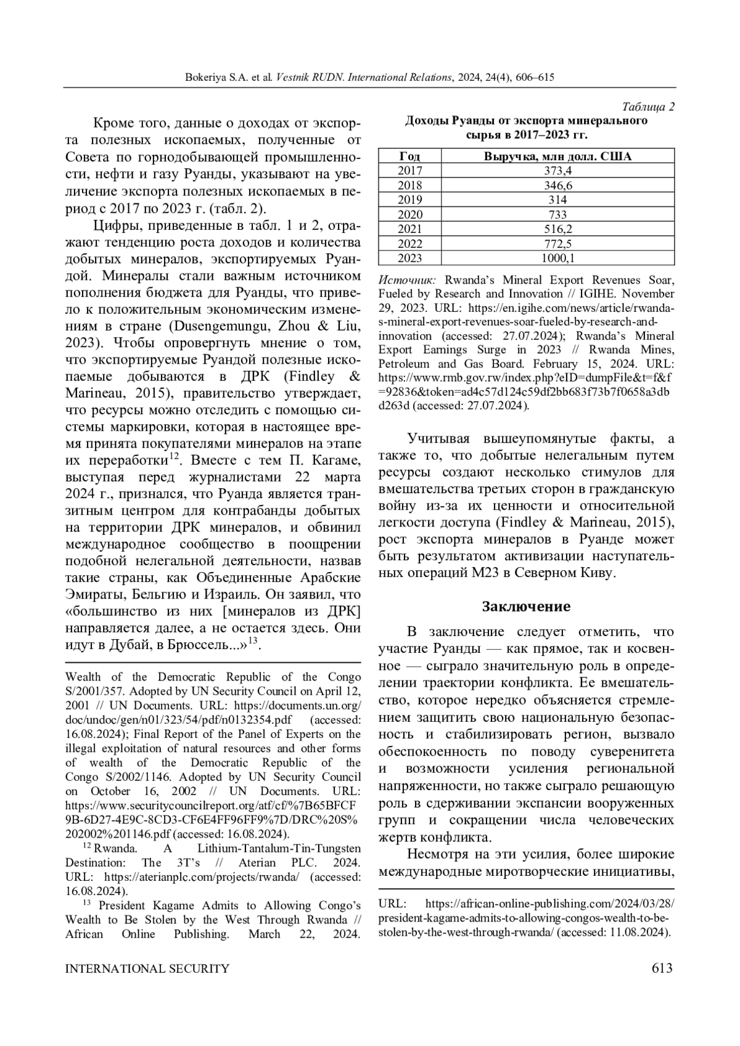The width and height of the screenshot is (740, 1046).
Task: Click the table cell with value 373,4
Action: pyautogui.click(x=557, y=171)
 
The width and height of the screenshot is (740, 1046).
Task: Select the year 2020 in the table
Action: pyautogui.click(x=410, y=215)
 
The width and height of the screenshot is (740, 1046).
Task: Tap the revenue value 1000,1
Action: pyautogui.click(x=557, y=258)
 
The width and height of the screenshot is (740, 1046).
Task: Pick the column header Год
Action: pyautogui.click(x=410, y=156)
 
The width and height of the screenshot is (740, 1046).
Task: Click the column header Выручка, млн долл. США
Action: pyautogui.click(x=557, y=156)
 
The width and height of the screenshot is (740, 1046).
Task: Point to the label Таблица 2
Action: pyautogui.click(x=648, y=107)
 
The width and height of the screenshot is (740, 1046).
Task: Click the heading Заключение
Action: pyautogui.click(x=526, y=606)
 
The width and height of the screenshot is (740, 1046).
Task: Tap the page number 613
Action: pyautogui.click(x=662, y=968)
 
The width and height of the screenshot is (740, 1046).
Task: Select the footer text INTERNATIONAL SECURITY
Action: pyautogui.click(x=147, y=968)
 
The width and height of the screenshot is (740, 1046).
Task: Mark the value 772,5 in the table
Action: pyautogui.click(x=557, y=243)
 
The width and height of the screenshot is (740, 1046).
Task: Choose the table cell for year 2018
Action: pyautogui.click(x=410, y=186)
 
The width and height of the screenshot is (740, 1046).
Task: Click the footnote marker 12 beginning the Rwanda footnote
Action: pyautogui.click(x=87, y=847)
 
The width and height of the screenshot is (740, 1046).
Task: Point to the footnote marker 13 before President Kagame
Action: pyautogui.click(x=87, y=904)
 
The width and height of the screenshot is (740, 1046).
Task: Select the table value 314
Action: pyautogui.click(x=557, y=200)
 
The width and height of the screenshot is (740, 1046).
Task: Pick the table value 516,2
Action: pyautogui.click(x=557, y=229)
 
